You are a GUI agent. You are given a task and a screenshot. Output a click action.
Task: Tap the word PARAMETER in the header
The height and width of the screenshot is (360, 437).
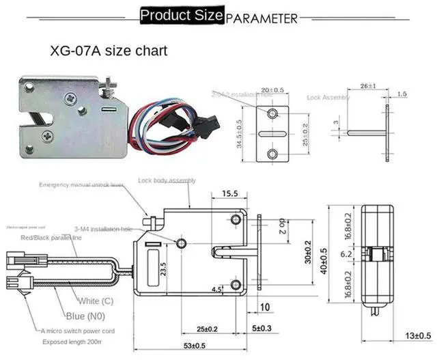click(262, 18)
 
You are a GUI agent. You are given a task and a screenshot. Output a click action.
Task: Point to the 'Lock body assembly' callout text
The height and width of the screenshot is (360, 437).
click(167, 180)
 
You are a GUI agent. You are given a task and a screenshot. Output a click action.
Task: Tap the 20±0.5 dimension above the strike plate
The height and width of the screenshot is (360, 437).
click(272, 90)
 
